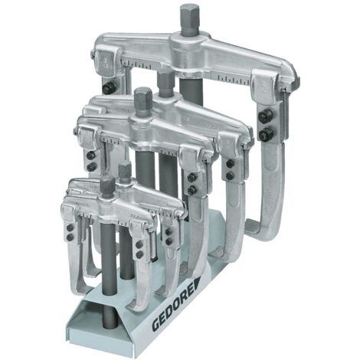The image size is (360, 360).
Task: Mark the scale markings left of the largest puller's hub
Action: pyautogui.click(x=149, y=64)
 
